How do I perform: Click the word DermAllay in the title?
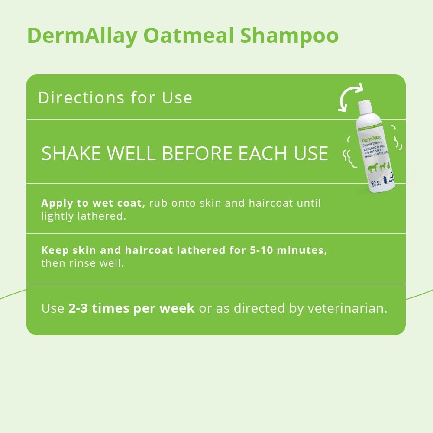(81, 36)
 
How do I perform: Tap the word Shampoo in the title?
(289, 36)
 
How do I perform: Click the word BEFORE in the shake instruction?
(203, 154)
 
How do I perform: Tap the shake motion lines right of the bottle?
(394, 143)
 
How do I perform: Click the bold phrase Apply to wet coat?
(93, 203)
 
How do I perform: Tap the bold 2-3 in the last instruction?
(78, 308)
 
